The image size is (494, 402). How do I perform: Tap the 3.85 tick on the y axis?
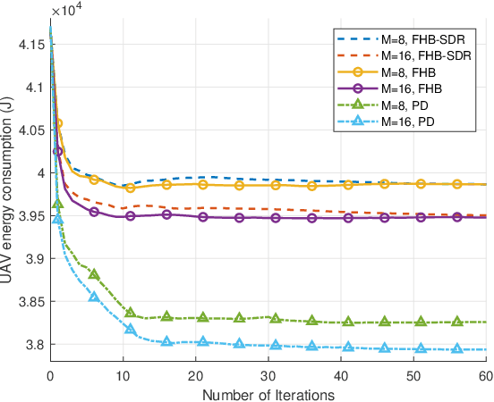(31, 302)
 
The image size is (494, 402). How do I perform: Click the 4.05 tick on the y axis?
(31, 130)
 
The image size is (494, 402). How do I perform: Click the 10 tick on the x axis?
(123, 375)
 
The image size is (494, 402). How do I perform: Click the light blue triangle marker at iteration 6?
(94, 296)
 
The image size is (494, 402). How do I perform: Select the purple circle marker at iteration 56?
(457, 217)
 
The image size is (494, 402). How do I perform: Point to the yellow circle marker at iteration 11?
(131, 188)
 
